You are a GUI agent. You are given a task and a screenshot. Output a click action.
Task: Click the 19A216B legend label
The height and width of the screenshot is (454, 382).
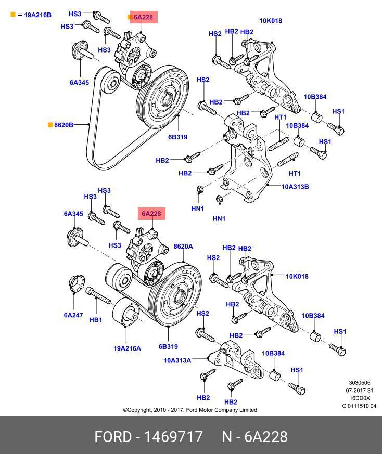point(37,15)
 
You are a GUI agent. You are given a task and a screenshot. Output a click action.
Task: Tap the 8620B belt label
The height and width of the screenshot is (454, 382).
point(63,125)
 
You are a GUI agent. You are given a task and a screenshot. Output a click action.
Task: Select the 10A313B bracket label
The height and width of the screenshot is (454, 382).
point(295,186)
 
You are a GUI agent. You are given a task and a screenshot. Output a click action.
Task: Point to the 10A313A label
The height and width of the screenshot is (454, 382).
point(177,360)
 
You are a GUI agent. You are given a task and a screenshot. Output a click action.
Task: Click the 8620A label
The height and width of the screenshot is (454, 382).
point(183,247)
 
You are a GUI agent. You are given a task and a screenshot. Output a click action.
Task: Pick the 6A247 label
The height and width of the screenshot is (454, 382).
point(73,315)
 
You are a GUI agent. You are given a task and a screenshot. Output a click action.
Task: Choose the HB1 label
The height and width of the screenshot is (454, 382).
point(96,320)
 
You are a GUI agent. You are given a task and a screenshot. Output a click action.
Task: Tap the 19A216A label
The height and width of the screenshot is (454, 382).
point(128,348)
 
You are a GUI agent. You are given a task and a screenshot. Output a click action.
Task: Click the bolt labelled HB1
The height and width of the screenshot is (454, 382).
point(99,296)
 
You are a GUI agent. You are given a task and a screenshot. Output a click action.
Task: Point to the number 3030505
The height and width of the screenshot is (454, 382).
point(359,383)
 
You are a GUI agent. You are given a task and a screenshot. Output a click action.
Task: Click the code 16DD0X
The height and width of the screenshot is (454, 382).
point(359,398)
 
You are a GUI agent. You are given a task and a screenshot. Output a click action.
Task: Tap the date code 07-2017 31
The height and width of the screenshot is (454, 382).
point(359,391)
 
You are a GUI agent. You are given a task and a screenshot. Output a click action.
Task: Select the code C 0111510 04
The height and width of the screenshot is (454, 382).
point(359,406)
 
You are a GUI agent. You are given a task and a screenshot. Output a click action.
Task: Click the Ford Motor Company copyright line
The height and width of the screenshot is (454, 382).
point(190,410)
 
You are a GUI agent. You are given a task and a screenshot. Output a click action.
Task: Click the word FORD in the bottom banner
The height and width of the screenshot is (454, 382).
point(113,437)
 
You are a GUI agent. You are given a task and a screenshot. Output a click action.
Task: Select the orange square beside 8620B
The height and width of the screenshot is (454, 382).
point(50,125)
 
